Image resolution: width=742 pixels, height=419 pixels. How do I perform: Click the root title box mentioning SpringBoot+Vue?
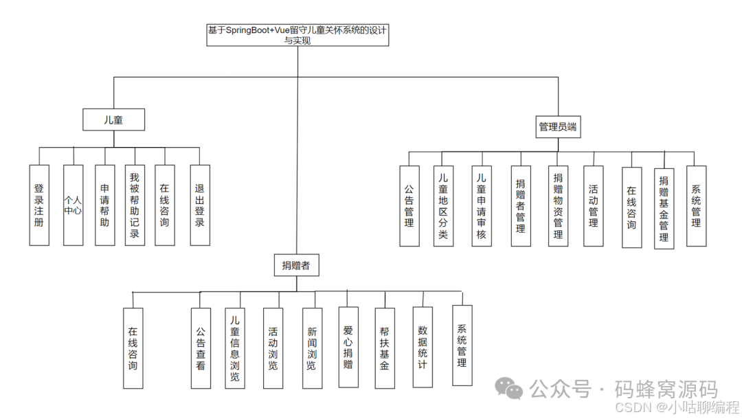pos(297,35)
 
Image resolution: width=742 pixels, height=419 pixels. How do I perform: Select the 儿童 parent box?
pos(113,120)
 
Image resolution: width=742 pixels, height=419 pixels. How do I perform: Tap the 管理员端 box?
pos(557,127)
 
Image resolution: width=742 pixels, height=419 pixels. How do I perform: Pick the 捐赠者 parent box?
pos(296,265)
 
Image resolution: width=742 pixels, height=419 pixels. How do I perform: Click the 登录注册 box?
pos(39,205)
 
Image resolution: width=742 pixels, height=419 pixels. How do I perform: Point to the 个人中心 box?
pos(73,205)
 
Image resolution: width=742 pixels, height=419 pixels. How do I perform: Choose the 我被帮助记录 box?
pos(135,205)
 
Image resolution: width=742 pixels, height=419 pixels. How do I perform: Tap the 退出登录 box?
pos(200,205)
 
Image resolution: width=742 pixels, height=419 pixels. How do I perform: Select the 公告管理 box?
pos(409,205)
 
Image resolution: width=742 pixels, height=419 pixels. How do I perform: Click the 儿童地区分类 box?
pos(443,205)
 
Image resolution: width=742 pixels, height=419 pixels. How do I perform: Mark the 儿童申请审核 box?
pos(482,205)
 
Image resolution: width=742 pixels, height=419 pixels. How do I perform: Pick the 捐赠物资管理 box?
pos(558,205)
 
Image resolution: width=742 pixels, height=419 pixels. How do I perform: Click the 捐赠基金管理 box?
pos(664,208)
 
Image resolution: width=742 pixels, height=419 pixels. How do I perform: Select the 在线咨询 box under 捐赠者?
pos(133,348)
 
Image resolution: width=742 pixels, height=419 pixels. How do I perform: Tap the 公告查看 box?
pos(201,348)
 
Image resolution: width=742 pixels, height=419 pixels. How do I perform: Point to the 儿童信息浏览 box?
pos(235,348)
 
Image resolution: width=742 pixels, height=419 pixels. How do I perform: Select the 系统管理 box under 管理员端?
pos(696,205)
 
